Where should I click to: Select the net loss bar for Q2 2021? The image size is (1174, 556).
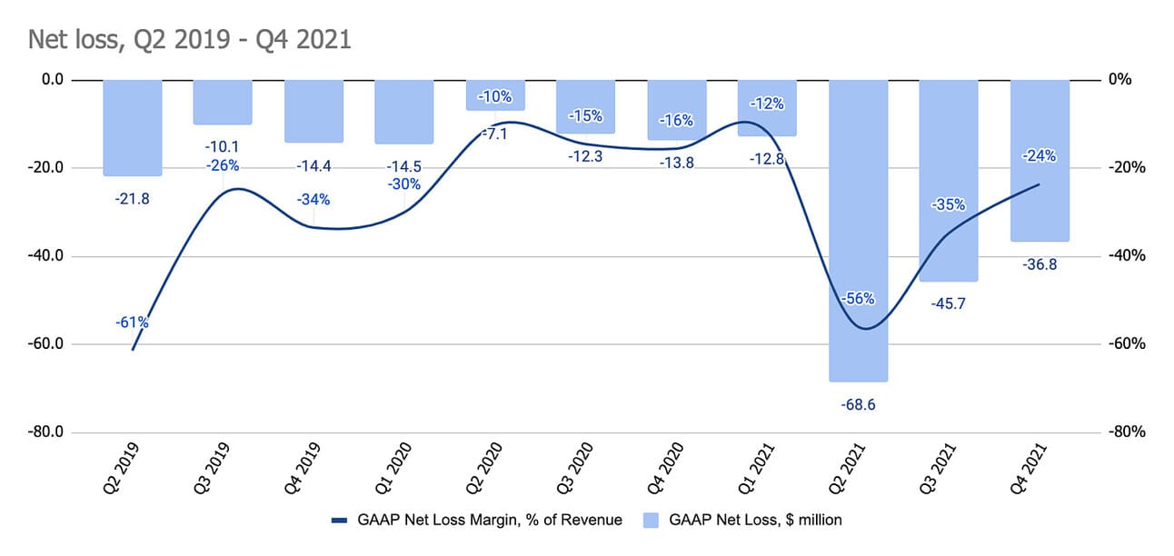[859, 227]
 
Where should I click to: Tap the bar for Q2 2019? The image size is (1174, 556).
[132, 127]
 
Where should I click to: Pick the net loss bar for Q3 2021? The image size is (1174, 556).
[949, 182]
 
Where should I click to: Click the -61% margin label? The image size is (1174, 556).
[132, 322]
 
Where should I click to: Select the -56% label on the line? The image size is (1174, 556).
[859, 298]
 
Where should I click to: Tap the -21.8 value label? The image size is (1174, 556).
[132, 198]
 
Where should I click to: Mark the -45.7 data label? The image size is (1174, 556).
[949, 303]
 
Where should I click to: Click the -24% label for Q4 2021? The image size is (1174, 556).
[1040, 155]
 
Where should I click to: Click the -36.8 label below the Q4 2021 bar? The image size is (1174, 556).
[1040, 265]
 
